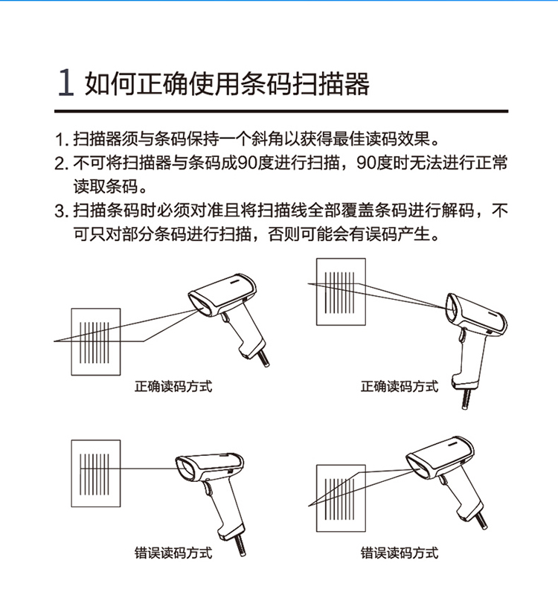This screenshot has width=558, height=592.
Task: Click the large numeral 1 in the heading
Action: tap(65, 83)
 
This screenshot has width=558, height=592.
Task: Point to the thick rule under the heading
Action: tap(281, 112)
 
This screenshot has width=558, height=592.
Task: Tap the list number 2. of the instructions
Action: tap(62, 164)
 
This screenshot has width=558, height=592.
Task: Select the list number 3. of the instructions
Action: tap(62, 210)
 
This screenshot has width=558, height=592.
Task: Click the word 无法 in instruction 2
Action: tap(426, 164)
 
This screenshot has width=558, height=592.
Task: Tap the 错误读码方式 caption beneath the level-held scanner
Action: tap(173, 553)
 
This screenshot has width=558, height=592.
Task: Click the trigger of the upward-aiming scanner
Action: tap(462, 336)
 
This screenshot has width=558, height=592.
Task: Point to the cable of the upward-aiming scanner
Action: tap(466, 398)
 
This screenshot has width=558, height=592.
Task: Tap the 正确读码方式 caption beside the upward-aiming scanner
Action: tap(400, 387)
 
